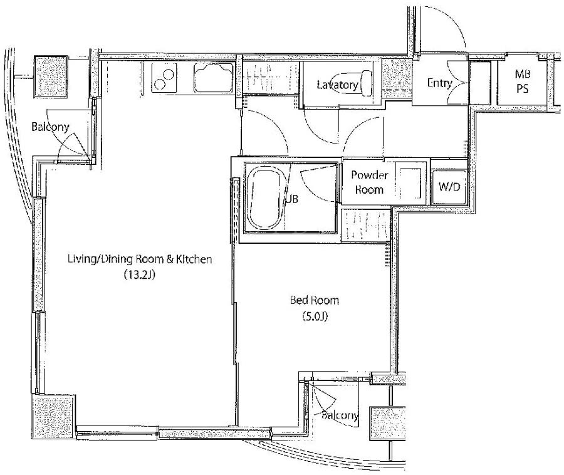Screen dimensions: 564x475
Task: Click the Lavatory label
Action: pyautogui.click(x=337, y=85)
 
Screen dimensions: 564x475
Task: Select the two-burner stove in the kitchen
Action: pyautogui.click(x=164, y=77)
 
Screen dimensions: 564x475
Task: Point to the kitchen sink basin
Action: pyautogui.click(x=214, y=78)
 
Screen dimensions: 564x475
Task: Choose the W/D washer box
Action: pyautogui.click(x=449, y=187)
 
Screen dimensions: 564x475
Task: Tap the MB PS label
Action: pyautogui.click(x=522, y=81)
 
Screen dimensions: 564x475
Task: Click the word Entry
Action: pyautogui.click(x=439, y=83)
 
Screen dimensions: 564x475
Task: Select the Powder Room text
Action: pyautogui.click(x=369, y=182)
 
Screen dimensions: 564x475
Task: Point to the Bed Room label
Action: pyautogui.click(x=315, y=300)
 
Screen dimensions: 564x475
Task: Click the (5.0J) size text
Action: pyautogui.click(x=315, y=316)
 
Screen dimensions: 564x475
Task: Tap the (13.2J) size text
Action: pyautogui.click(x=139, y=274)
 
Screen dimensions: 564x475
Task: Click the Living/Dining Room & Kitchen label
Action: pyautogui.click(x=140, y=259)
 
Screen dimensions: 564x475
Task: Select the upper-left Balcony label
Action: pyautogui.click(x=50, y=127)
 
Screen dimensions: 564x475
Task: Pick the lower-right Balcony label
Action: pyautogui.click(x=340, y=415)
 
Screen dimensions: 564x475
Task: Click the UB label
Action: pyautogui.click(x=292, y=199)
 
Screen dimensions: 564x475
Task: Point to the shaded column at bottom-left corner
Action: pyautogui.click(x=53, y=416)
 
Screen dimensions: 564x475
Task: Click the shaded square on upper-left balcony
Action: pyautogui.click(x=51, y=76)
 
